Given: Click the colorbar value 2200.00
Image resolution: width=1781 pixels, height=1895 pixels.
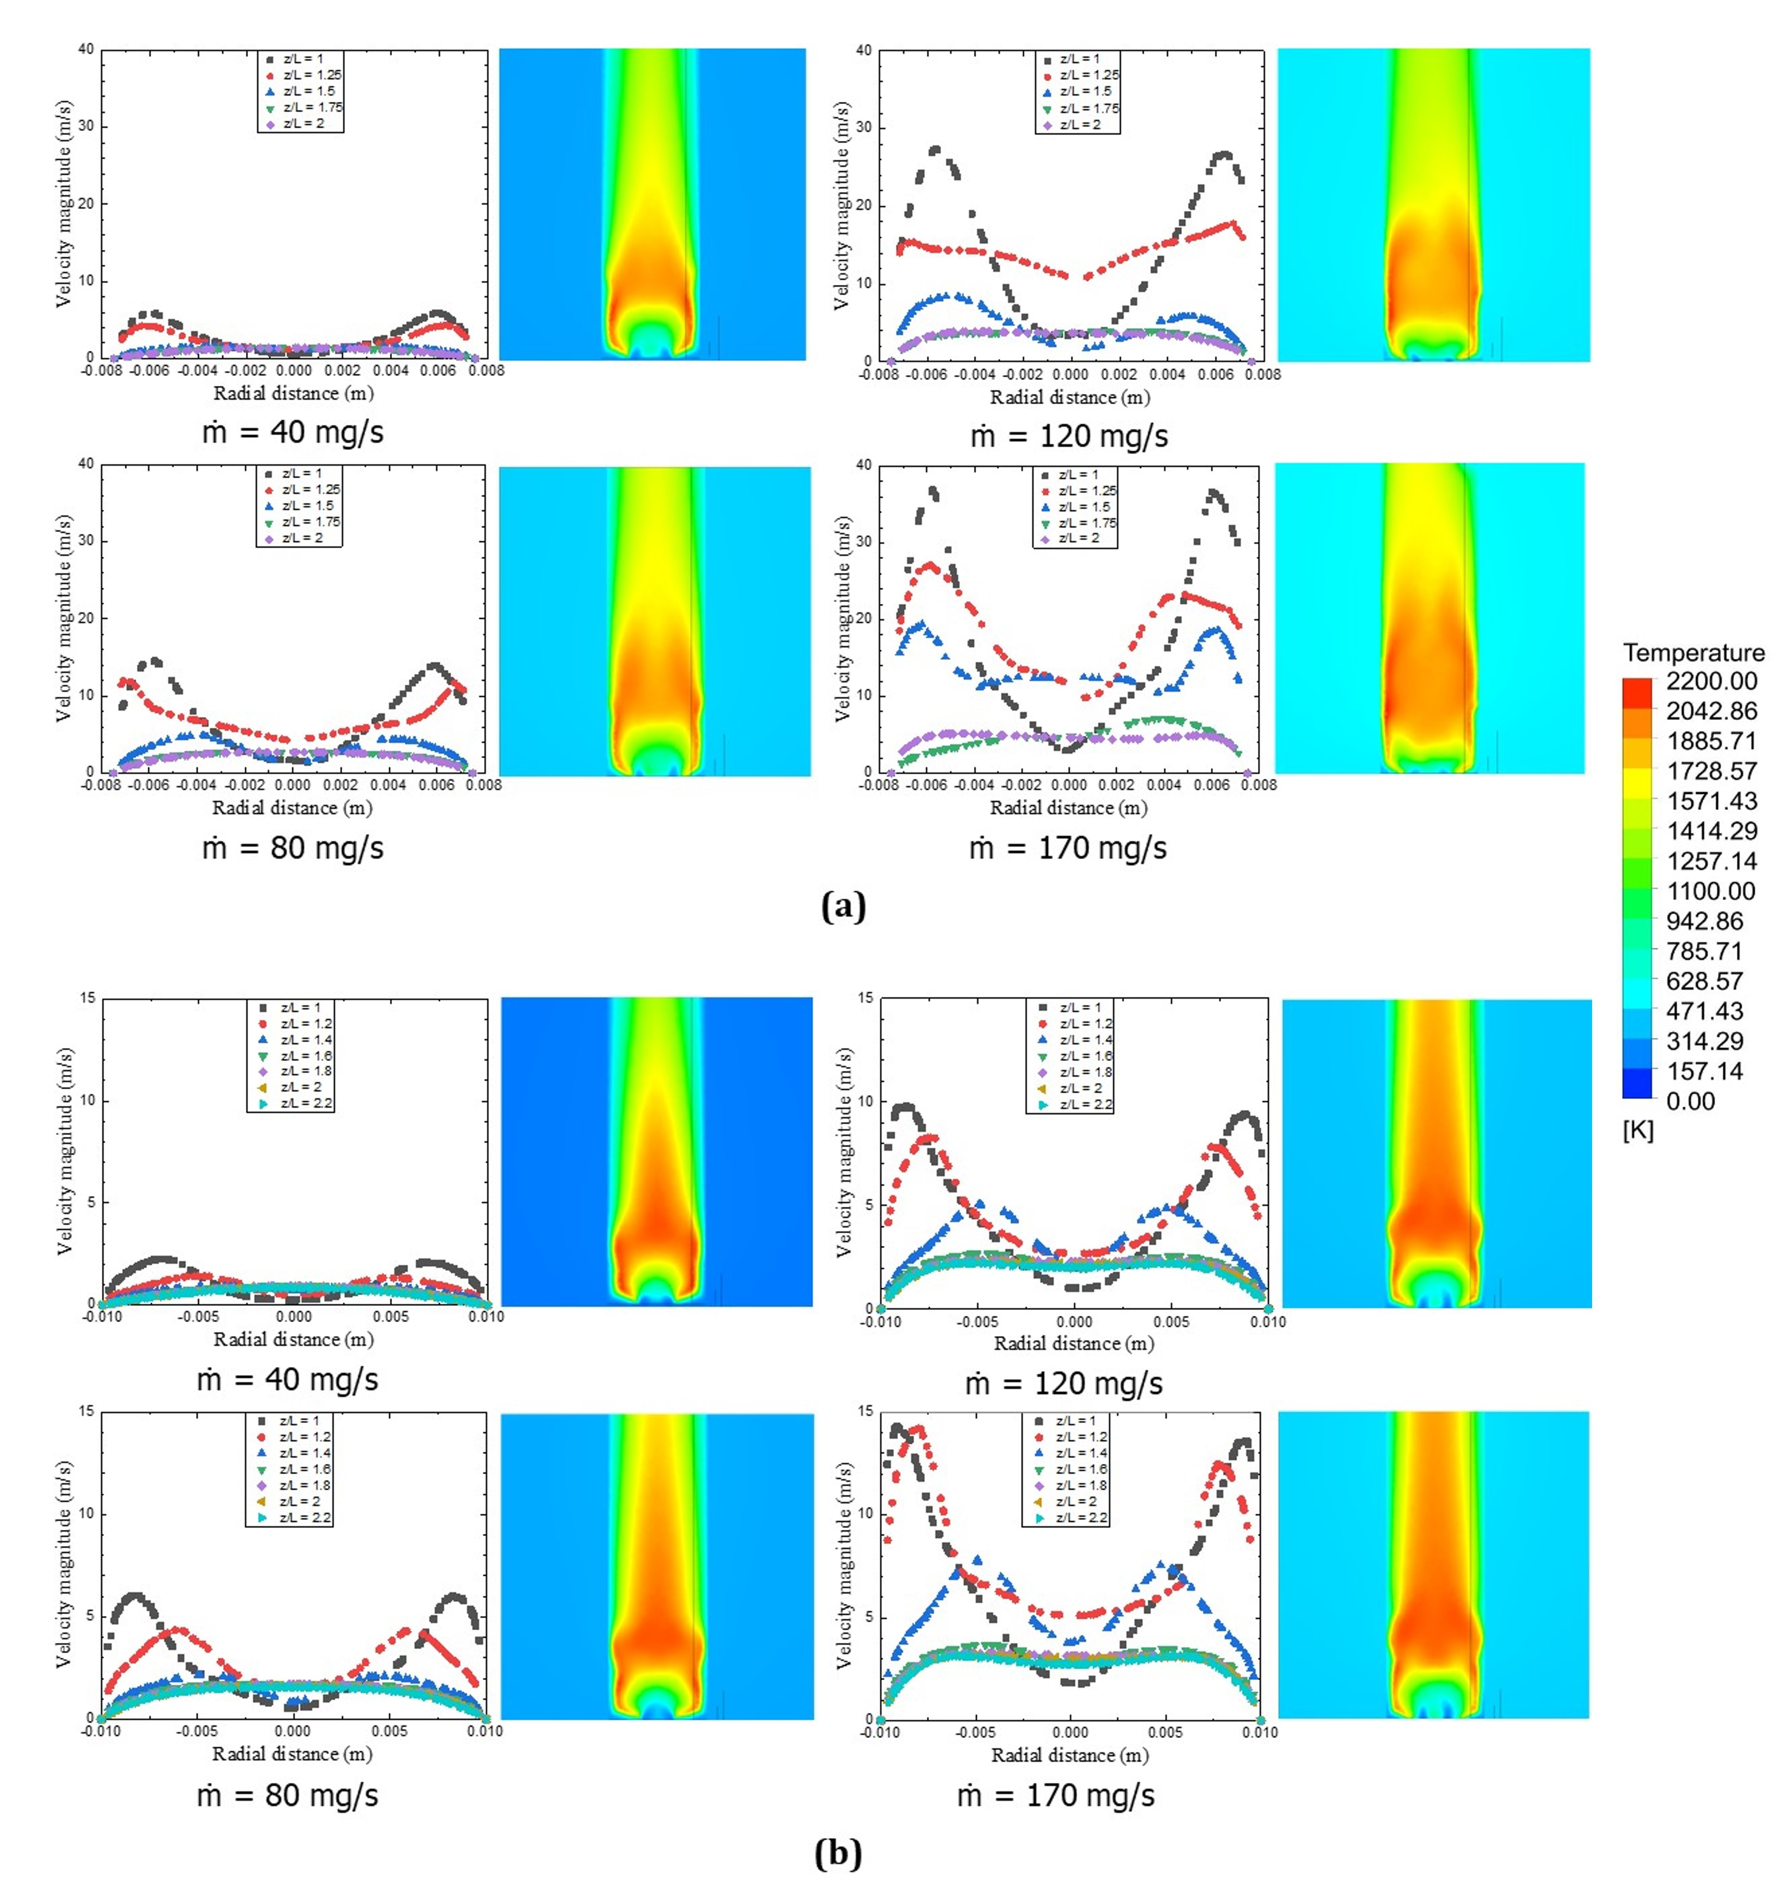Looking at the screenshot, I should (x=1712, y=681).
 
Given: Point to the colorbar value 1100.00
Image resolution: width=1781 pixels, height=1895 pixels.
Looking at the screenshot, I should (x=1712, y=891).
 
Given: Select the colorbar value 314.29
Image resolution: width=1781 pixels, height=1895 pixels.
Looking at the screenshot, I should (x=1712, y=1041).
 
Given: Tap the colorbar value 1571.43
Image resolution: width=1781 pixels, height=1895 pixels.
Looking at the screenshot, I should (x=1712, y=801).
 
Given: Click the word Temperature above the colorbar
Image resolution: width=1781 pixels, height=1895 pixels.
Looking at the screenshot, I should (x=1693, y=653).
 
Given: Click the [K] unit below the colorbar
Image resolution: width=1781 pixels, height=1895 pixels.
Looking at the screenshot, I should (x=1638, y=1131).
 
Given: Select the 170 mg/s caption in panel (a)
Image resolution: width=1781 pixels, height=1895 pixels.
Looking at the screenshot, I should (x=1068, y=847).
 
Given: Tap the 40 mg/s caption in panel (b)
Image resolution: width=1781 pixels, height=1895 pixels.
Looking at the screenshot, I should (x=288, y=1379).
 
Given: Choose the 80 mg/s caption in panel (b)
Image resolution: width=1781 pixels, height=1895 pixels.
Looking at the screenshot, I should (x=288, y=1796).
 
